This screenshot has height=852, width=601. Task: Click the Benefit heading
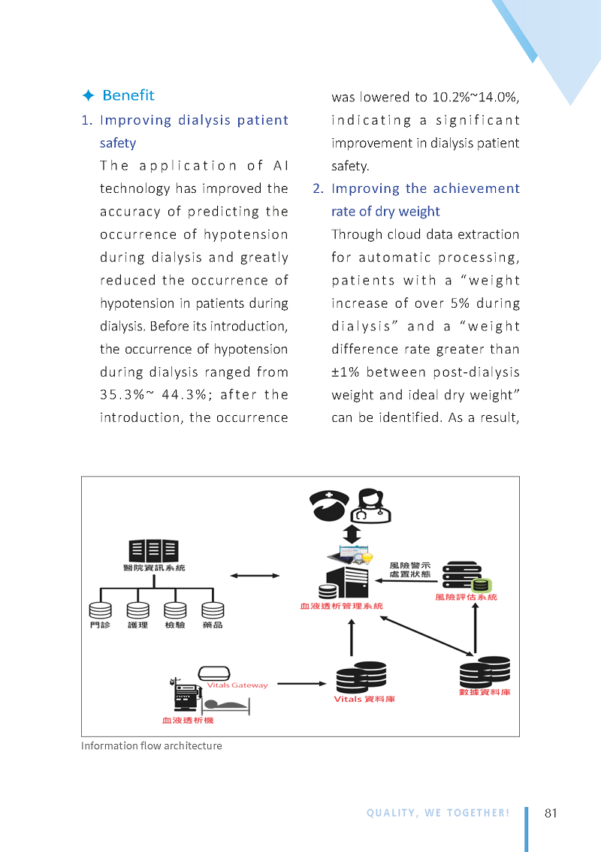click(128, 95)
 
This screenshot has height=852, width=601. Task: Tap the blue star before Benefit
click(88, 95)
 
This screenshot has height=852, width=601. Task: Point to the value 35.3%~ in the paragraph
click(127, 395)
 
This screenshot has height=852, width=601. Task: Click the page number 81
click(551, 813)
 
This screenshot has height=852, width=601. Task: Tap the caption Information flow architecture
click(152, 746)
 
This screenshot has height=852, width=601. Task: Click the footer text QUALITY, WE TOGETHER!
click(438, 813)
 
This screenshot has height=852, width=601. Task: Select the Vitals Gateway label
click(237, 685)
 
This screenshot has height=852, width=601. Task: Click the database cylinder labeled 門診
click(100, 610)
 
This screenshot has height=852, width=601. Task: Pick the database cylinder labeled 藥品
click(213, 610)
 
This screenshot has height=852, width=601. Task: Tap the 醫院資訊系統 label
click(154, 567)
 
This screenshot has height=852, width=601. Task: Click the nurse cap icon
click(329, 505)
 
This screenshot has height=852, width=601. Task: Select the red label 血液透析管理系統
click(342, 606)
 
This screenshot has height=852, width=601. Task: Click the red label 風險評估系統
click(466, 598)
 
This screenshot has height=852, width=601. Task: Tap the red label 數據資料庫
click(485, 692)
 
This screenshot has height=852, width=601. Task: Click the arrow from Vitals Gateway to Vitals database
click(302, 684)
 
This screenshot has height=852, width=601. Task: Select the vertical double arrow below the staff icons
click(352, 534)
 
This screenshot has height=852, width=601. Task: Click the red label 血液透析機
click(188, 721)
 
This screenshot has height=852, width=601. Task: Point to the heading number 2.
click(319, 188)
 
